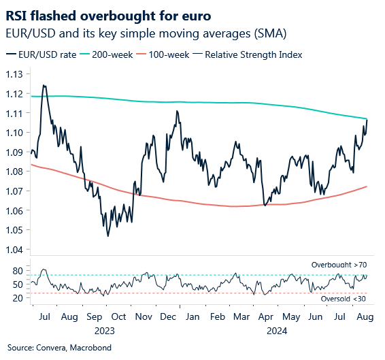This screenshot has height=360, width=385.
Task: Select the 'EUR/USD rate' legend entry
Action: pyautogui.click(x=43, y=54)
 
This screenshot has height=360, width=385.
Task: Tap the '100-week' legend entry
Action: pyautogui.click(x=182, y=54)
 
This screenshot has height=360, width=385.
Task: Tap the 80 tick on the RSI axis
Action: pyautogui.click(x=18, y=271)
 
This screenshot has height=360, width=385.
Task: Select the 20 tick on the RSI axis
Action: pyautogui.click(x=18, y=297)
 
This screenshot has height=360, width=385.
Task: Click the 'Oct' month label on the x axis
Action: pyautogui.click(x=118, y=317)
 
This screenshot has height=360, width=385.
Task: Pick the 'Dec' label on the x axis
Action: pyautogui.click(x=167, y=317)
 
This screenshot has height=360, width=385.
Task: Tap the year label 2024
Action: pyautogui.click(x=278, y=331)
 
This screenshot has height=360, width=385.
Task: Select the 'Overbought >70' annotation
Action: pyautogui.click(x=339, y=264)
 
